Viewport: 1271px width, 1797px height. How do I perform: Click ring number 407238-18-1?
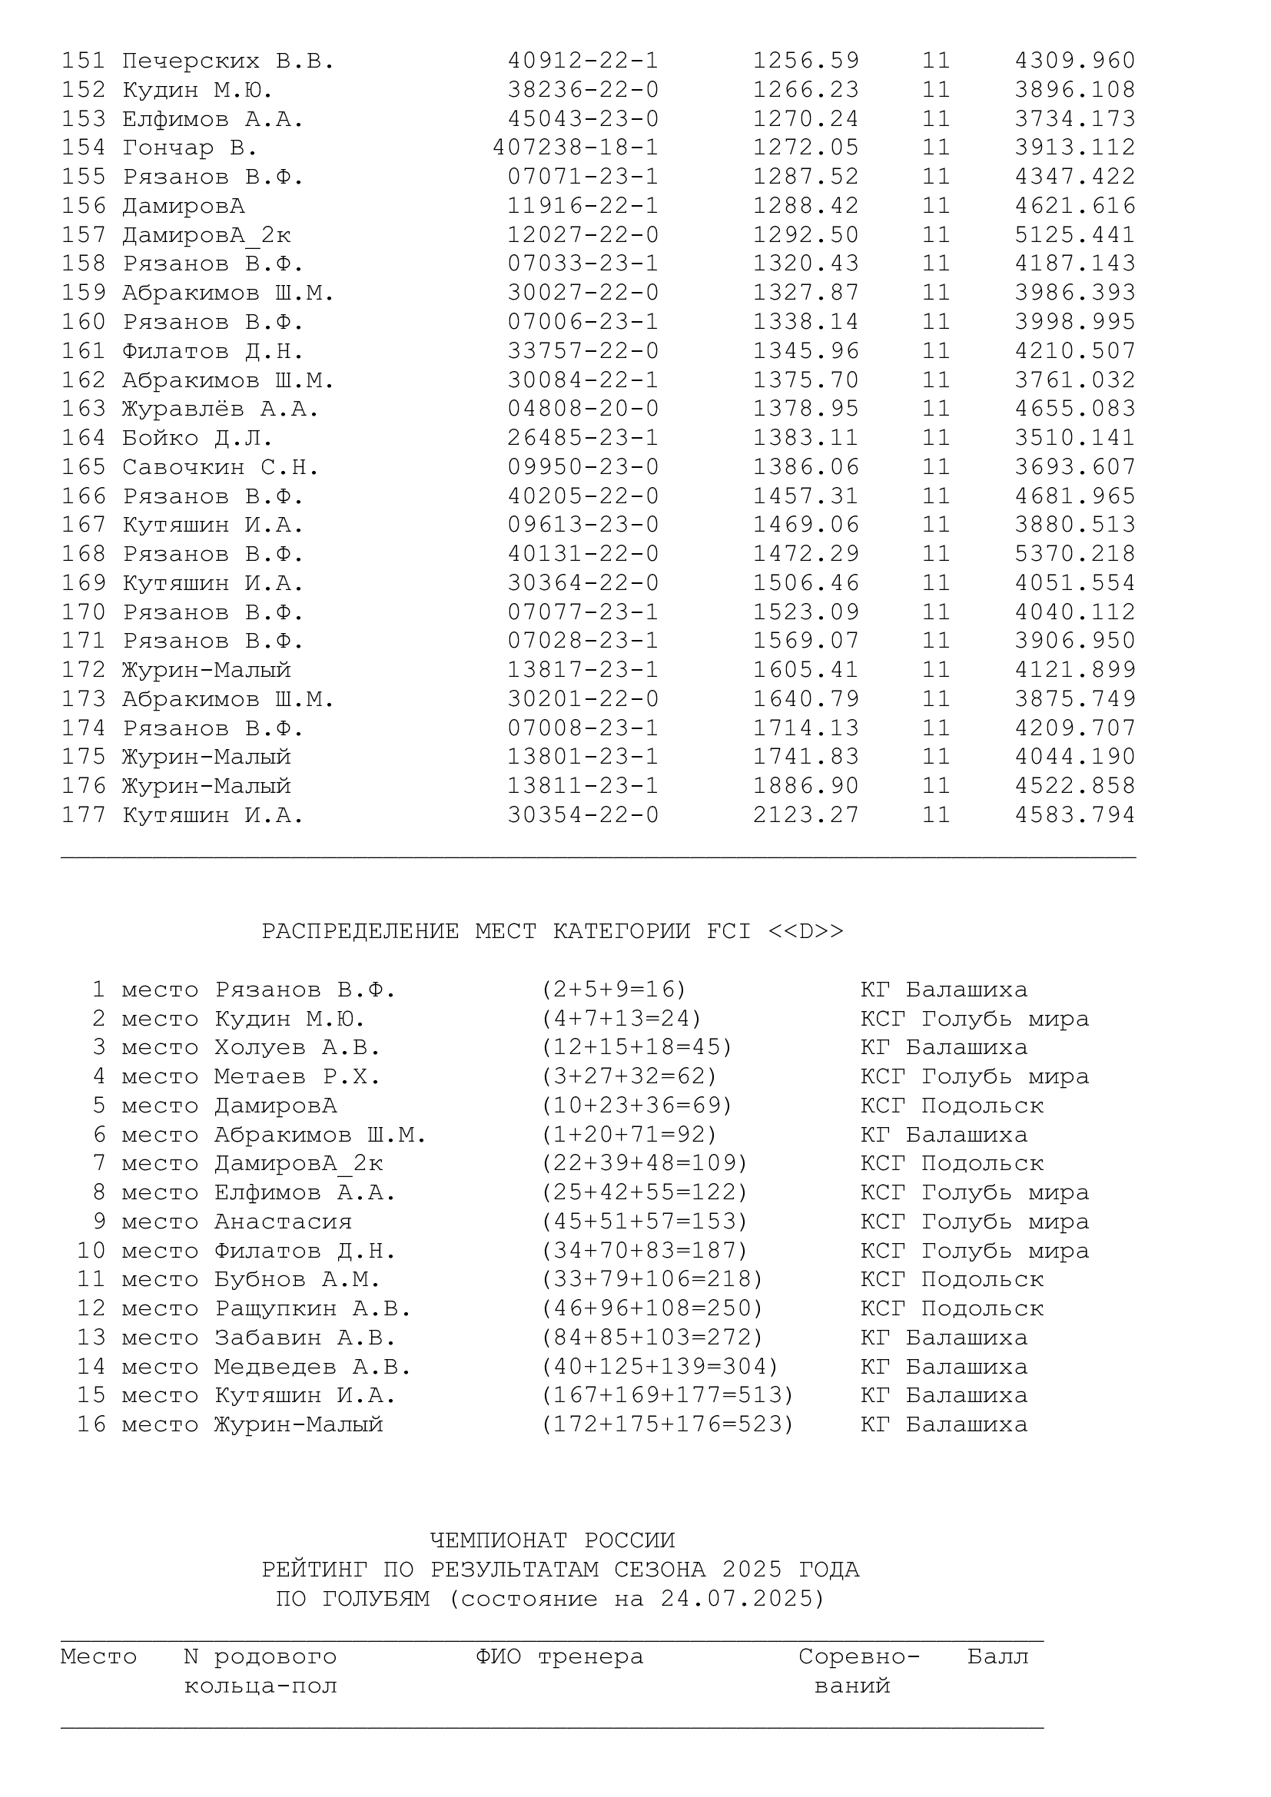(x=576, y=148)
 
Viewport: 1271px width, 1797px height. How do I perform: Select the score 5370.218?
(x=1074, y=554)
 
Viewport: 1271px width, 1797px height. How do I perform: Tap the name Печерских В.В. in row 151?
(x=228, y=61)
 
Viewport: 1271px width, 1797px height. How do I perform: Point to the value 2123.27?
(x=805, y=816)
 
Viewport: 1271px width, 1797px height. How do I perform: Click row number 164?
(x=84, y=438)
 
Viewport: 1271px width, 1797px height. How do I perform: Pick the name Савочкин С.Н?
(x=221, y=467)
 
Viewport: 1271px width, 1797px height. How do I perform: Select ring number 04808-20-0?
(x=583, y=409)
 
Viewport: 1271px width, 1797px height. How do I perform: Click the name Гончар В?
(x=190, y=148)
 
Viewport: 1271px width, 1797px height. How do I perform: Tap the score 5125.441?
(x=1074, y=235)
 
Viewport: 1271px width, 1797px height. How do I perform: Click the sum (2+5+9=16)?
(x=613, y=990)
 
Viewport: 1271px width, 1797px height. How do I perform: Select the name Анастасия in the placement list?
(x=284, y=1222)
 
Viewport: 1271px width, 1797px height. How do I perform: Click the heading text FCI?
(x=728, y=931)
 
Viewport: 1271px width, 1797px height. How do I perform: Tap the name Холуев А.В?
(x=297, y=1048)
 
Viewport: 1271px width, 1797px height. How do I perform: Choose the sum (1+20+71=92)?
(x=629, y=1135)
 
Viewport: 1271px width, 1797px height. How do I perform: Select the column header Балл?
(x=998, y=1657)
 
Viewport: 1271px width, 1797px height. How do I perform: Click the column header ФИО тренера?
(x=559, y=1657)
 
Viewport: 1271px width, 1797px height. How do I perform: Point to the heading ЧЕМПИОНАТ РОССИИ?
(x=553, y=1540)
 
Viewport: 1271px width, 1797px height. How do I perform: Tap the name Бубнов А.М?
(x=297, y=1280)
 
